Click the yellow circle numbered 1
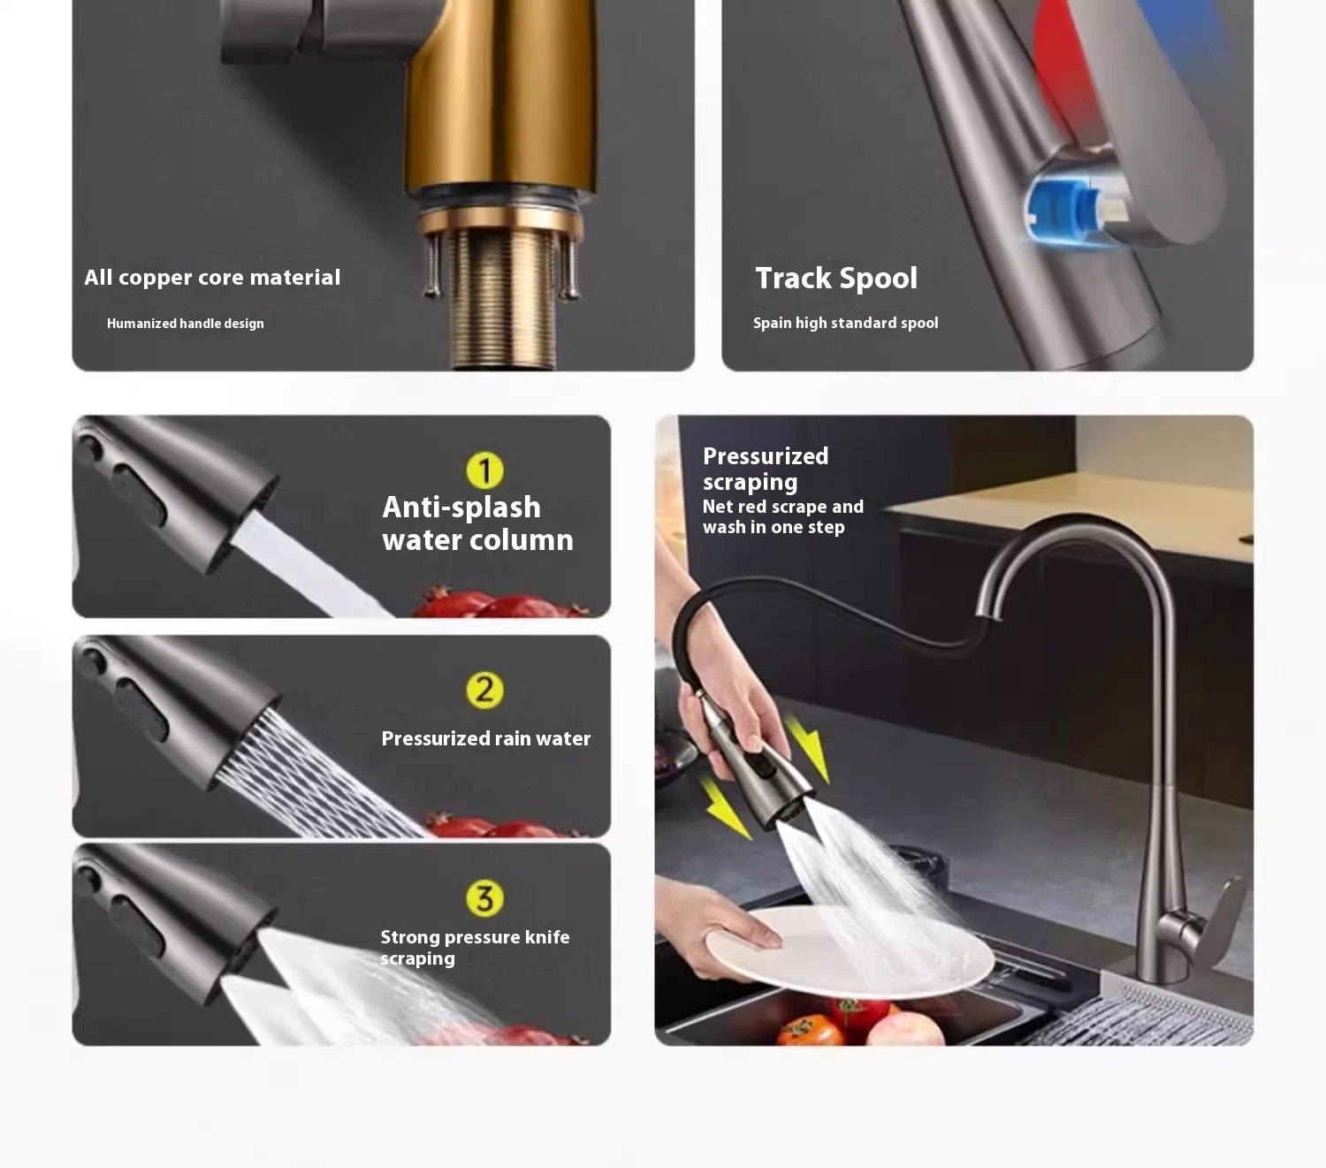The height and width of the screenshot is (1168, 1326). (485, 470)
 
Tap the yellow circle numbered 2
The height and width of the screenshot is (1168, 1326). (485, 690)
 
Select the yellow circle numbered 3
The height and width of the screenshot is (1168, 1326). (485, 898)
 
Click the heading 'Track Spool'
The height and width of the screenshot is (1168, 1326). (835, 279)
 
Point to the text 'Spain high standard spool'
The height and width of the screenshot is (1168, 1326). (846, 323)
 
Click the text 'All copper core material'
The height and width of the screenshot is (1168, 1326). (212, 277)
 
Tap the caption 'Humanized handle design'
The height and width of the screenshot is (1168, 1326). (186, 324)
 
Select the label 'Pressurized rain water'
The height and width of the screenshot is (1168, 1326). (485, 738)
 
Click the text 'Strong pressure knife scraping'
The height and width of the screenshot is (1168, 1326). (475, 947)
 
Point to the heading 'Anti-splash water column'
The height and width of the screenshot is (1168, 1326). (477, 523)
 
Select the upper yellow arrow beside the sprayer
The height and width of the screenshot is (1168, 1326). (807, 748)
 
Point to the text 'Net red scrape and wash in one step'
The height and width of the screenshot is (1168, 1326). (782, 516)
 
